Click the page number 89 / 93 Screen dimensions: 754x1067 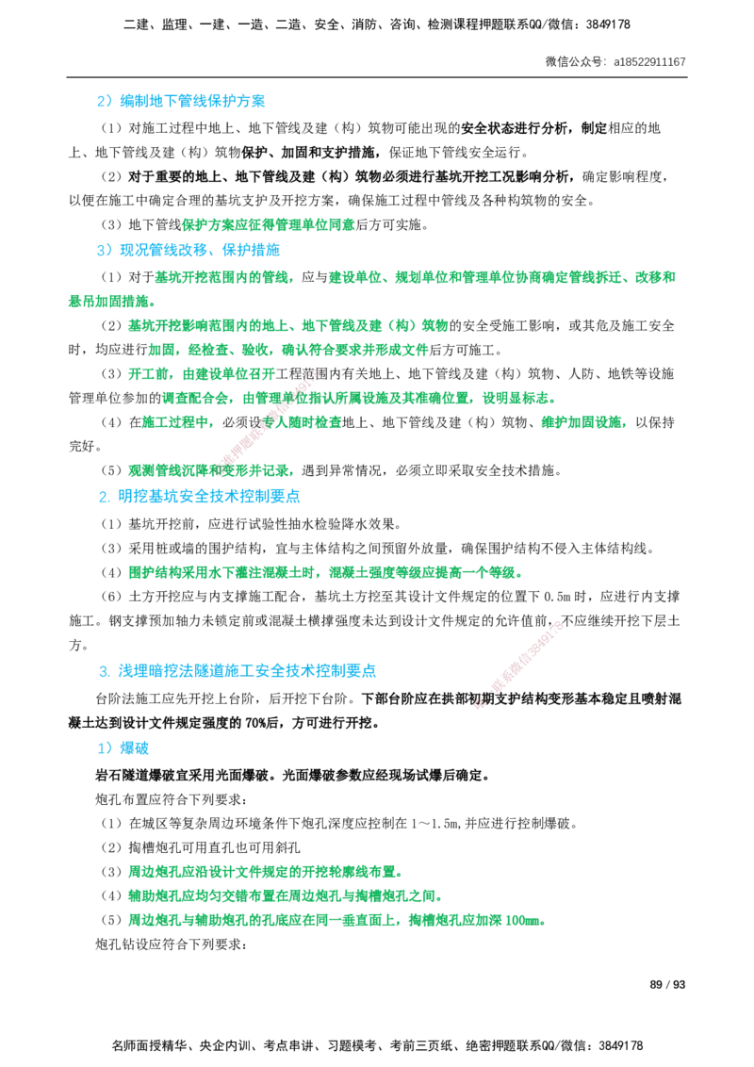click(x=667, y=985)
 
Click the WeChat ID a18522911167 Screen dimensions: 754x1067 click(x=650, y=62)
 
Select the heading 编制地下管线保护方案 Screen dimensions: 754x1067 click(x=192, y=102)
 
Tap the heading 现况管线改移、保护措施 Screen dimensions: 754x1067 click(x=200, y=250)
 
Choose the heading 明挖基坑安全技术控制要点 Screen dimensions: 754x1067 click(x=209, y=496)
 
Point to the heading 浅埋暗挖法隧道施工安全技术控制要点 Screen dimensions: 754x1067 click(x=247, y=671)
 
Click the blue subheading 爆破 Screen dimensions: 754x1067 click(x=134, y=748)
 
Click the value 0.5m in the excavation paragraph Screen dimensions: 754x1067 click(x=556, y=597)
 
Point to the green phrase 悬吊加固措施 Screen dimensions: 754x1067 click(x=108, y=302)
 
